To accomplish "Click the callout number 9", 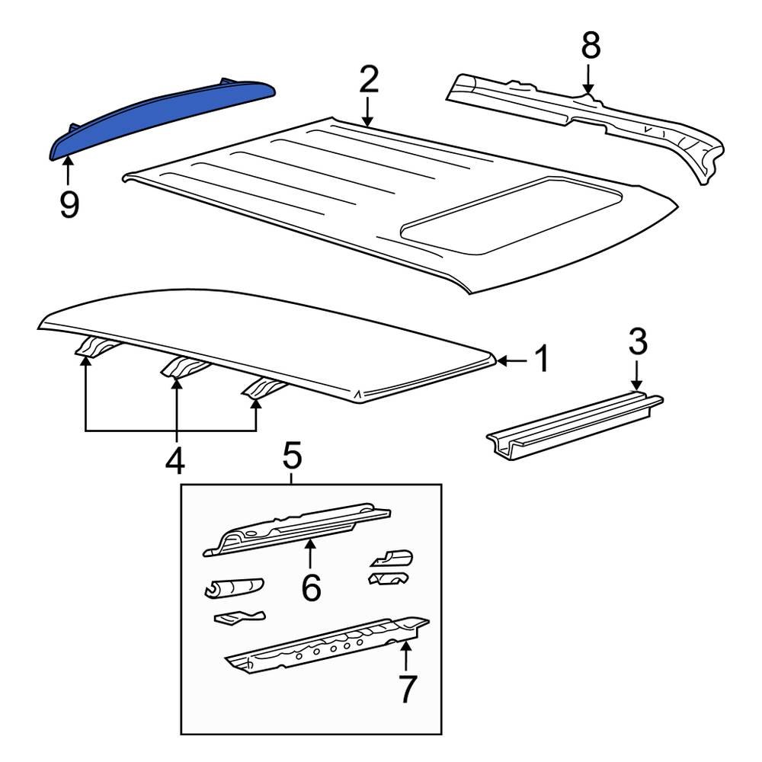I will click(69, 203).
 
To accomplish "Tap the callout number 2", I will click(368, 80).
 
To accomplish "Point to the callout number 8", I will click(591, 46).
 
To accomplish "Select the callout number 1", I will click(541, 360).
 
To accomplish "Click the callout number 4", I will click(176, 460).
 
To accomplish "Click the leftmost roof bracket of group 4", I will click(95, 347).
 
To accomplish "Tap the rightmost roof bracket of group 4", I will click(263, 389).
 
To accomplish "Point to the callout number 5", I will click(293, 456).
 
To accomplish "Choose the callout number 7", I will click(408, 689).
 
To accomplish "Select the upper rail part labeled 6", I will click(297, 526).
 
